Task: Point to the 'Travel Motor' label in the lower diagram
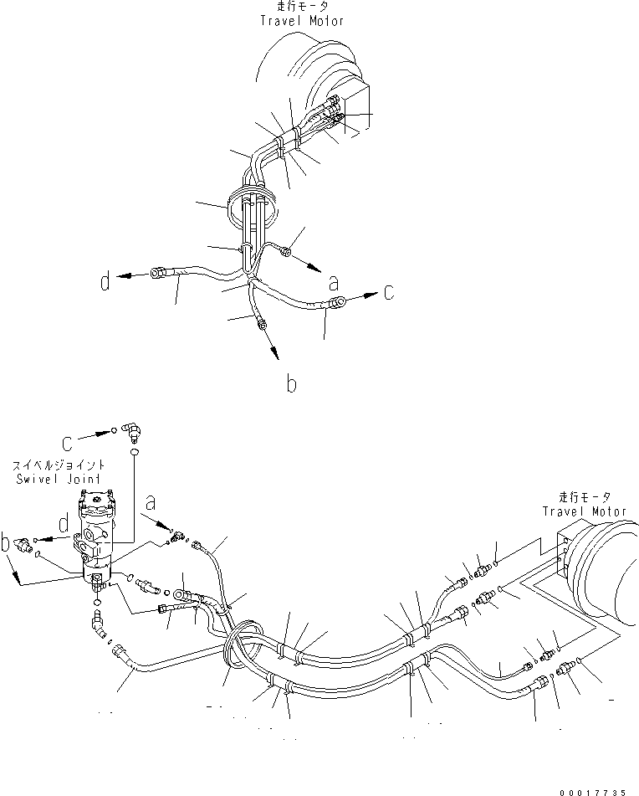pos(585,511)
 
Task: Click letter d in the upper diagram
pos(105,281)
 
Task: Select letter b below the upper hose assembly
pos(290,385)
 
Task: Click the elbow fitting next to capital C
pos(131,430)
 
